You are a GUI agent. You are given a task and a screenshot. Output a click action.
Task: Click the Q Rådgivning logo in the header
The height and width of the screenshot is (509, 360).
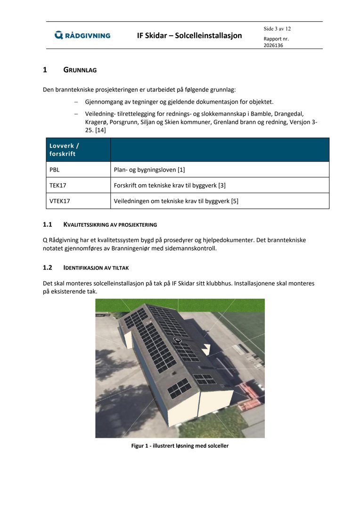(x=82, y=35)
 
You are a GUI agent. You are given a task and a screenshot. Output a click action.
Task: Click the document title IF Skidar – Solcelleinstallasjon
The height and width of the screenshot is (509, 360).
(x=189, y=35)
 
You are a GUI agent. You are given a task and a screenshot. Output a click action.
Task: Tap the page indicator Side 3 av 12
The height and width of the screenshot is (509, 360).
(x=277, y=29)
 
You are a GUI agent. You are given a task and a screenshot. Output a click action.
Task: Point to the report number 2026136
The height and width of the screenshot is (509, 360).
(x=273, y=46)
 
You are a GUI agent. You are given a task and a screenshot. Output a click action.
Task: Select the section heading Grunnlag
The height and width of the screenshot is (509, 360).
(x=80, y=70)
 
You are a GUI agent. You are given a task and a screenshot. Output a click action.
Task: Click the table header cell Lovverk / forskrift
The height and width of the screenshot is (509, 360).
(x=64, y=150)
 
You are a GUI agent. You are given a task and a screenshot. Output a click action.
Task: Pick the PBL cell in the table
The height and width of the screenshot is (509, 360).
(x=55, y=170)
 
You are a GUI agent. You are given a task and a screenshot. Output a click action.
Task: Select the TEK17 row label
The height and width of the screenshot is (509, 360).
(x=58, y=185)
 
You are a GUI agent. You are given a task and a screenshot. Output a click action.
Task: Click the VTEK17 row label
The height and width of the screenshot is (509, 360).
(x=60, y=201)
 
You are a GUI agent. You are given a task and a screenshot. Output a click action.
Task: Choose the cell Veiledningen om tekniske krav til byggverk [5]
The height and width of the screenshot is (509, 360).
(x=176, y=201)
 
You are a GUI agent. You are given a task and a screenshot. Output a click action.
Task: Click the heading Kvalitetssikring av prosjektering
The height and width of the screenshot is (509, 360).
(x=110, y=224)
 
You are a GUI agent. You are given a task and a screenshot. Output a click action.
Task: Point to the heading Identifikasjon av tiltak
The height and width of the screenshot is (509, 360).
(x=96, y=268)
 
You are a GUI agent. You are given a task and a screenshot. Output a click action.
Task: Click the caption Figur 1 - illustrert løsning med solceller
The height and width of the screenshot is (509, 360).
(x=180, y=445)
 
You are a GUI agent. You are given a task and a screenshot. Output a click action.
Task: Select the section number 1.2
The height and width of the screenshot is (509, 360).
(x=47, y=268)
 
